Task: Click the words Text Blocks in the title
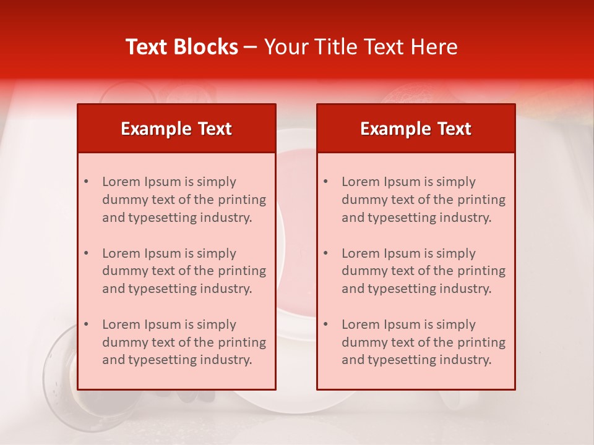181,47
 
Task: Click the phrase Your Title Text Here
361,47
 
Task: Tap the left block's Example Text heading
176,129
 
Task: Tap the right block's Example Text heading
416,129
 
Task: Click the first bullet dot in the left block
87,182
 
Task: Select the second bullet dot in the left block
87,253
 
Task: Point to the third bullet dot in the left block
87,324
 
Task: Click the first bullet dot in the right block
326,182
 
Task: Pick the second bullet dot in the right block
326,253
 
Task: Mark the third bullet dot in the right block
326,324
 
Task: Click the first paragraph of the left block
184,200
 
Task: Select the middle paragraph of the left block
184,271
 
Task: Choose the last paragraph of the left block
184,342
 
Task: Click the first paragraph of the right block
423,200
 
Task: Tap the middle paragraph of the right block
423,271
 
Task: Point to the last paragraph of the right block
423,342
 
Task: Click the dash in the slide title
251,48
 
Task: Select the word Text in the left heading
215,129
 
